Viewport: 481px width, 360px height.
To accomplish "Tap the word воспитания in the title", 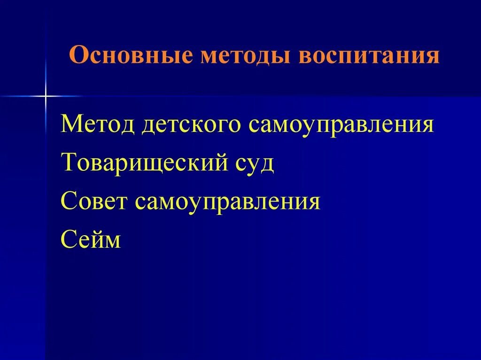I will click(369, 56).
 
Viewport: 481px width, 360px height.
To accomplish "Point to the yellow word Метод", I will click(98, 126).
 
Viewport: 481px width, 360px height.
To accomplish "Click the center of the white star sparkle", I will click(46, 96).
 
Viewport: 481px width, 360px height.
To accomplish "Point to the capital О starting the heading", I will click(78, 56).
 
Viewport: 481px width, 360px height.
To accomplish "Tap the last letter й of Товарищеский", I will click(231, 163).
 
